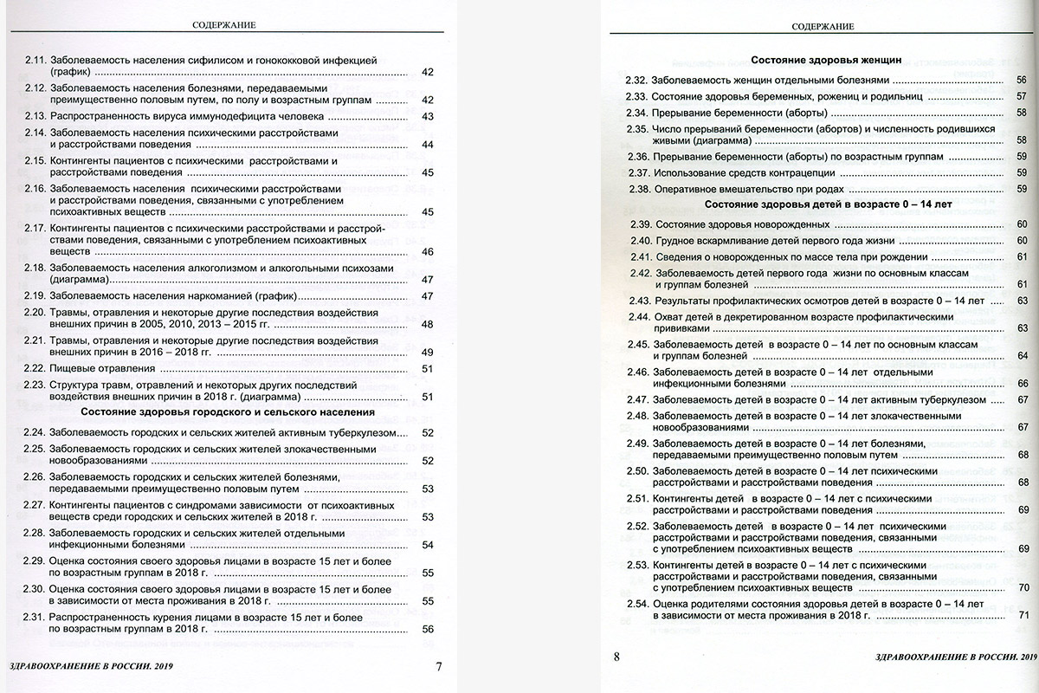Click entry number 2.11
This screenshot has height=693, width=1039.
coord(35,61)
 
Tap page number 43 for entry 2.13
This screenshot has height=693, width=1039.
coord(427,116)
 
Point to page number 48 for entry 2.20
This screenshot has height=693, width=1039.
coord(427,325)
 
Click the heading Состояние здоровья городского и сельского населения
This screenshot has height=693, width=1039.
coord(228,412)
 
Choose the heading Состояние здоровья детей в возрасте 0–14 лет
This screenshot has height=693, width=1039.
coord(829,205)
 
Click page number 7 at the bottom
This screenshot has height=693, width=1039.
coord(438,666)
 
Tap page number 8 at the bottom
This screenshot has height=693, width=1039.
coord(616,657)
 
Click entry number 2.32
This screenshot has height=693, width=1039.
coord(636,79)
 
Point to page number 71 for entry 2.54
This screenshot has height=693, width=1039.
coord(1023,615)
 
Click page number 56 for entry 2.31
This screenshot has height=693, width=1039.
coord(427,629)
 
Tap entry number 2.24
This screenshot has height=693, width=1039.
coord(35,432)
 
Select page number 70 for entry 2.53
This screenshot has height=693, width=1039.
coord(1023,587)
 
